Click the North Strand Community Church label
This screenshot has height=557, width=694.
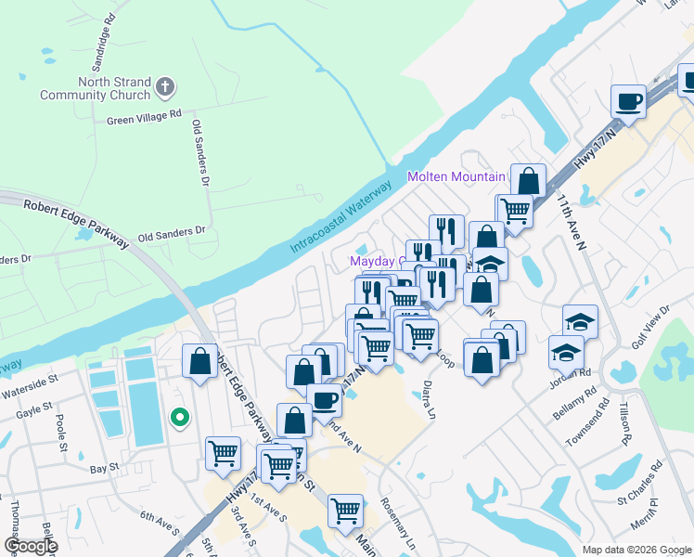pyautogui.click(x=95, y=88)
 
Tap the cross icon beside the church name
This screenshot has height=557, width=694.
pyautogui.click(x=165, y=88)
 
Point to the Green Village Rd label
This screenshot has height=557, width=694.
pyautogui.click(x=143, y=117)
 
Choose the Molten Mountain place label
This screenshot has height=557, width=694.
pyautogui.click(x=456, y=176)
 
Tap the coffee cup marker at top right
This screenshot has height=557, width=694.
pyautogui.click(x=628, y=100)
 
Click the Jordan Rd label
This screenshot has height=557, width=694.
pyautogui.click(x=574, y=372)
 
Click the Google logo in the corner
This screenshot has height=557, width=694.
pyautogui.click(x=30, y=545)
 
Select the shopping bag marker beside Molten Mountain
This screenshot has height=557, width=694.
pyautogui.click(x=528, y=179)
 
